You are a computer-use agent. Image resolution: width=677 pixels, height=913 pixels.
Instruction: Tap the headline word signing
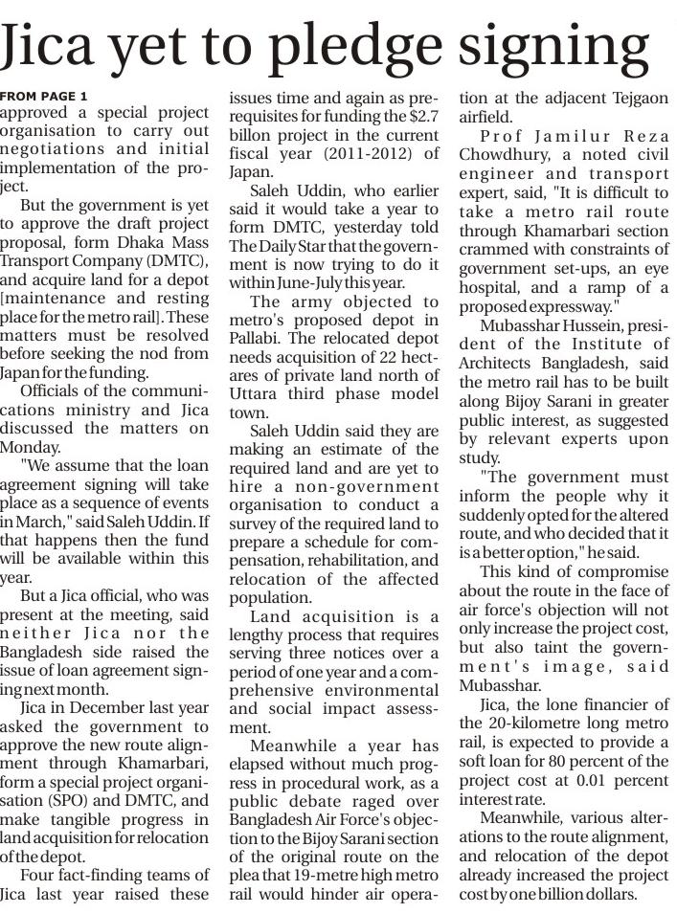pyautogui.click(x=559, y=46)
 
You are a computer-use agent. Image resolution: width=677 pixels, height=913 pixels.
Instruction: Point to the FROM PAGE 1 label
pyautogui.click(x=43, y=97)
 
